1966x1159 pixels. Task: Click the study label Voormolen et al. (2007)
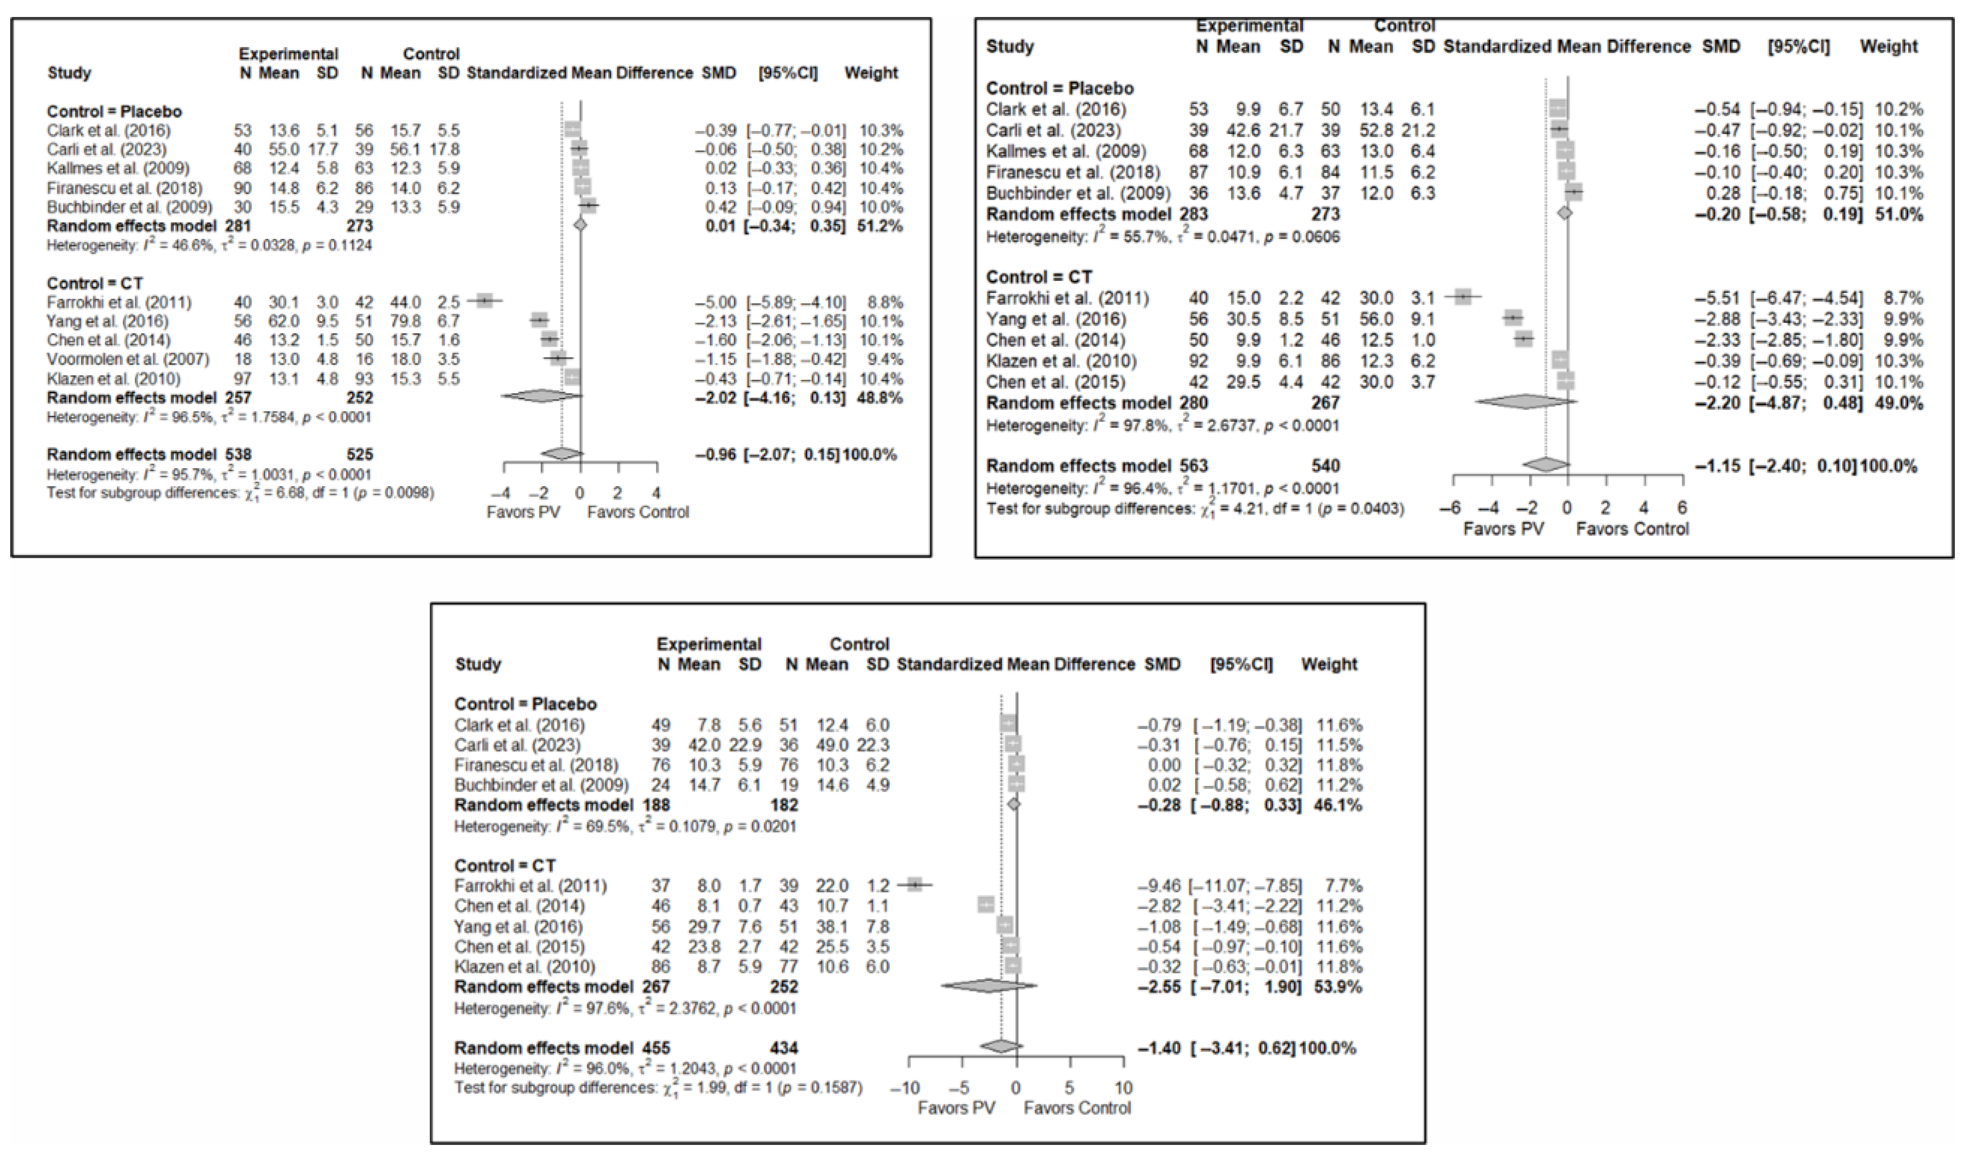pos(128,359)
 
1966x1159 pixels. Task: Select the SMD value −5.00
pos(716,302)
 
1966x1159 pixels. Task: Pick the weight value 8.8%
pos(884,302)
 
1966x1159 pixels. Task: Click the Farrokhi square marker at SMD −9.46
pos(915,885)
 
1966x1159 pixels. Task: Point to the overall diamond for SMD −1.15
pos(1545,465)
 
